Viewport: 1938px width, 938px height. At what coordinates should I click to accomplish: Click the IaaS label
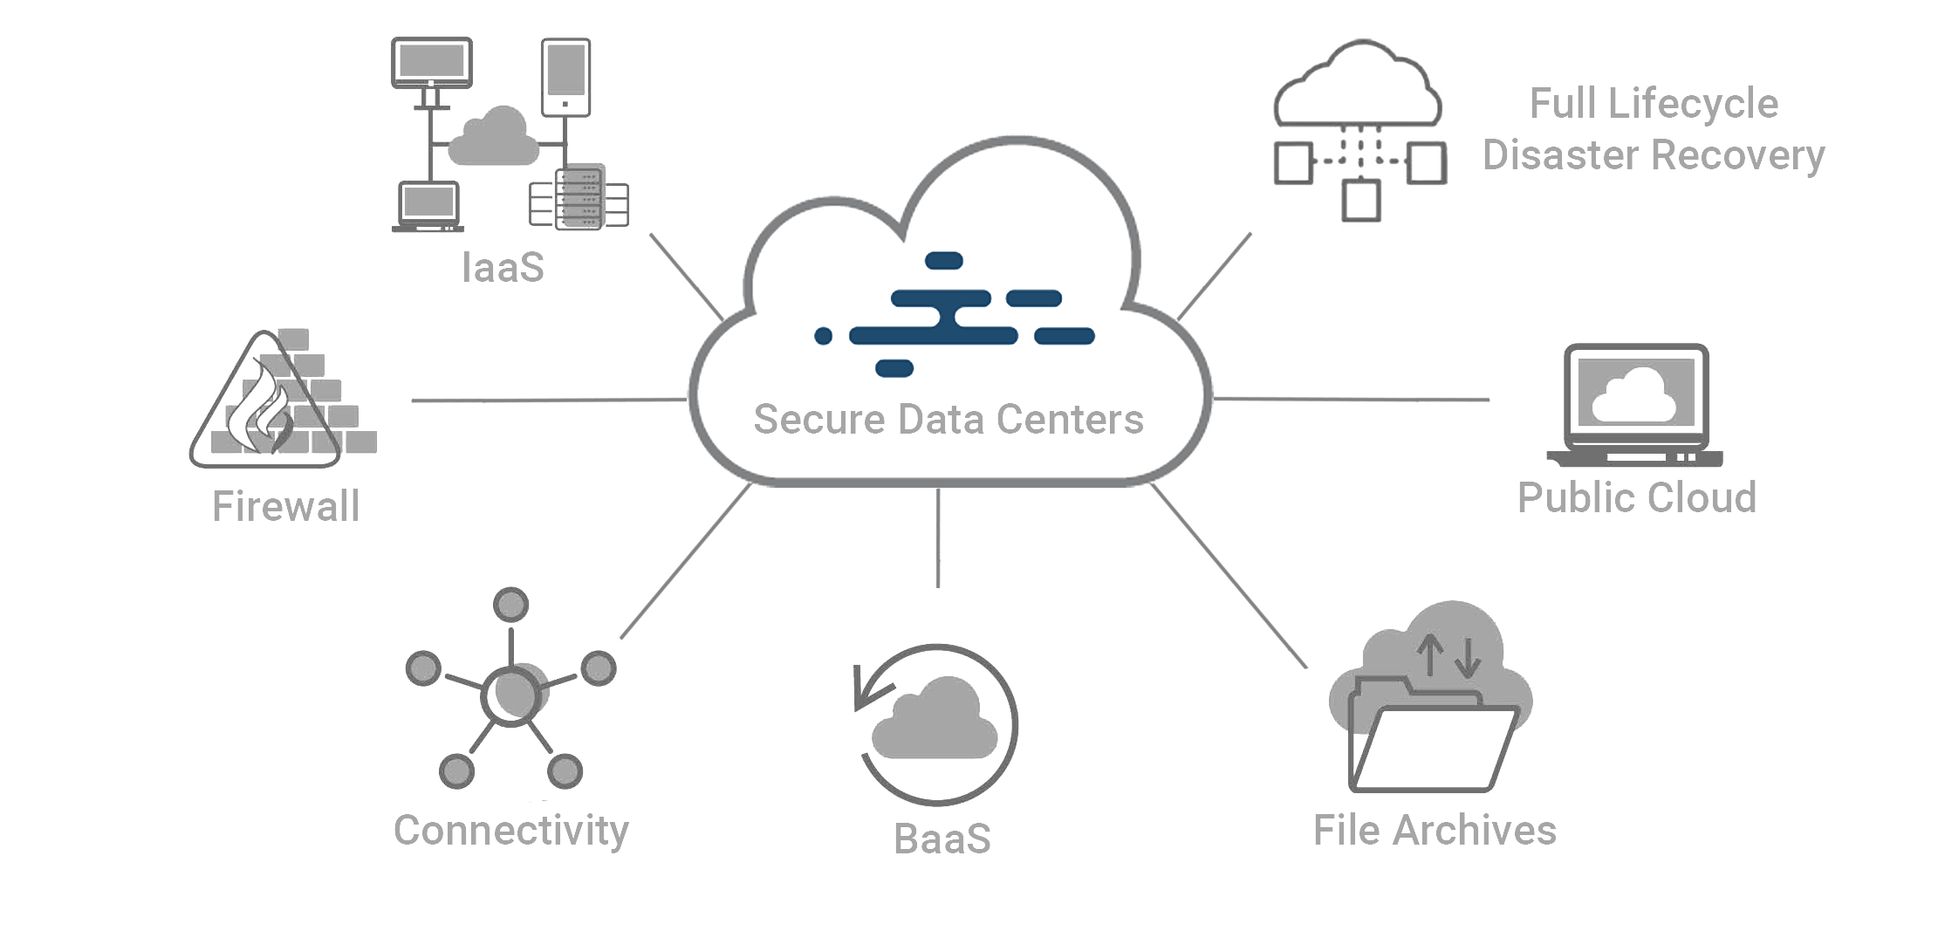pos(503,268)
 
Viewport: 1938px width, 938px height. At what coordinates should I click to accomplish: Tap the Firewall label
pos(285,506)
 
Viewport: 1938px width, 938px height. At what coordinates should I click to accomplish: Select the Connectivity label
pos(510,831)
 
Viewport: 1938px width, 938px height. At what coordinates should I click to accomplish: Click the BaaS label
pos(942,839)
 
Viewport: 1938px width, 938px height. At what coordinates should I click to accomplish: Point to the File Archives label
pos(1435,831)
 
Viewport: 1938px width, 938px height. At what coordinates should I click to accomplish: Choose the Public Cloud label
pos(1636,498)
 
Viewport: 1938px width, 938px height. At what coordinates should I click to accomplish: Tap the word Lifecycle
pos(1693,104)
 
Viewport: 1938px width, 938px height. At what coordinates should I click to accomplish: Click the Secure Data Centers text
pos(948,420)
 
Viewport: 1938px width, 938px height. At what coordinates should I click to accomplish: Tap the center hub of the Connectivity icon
pos(511,694)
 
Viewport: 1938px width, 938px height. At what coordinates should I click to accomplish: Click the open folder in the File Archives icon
pos(1431,746)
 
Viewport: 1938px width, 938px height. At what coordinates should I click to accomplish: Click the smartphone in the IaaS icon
pos(565,77)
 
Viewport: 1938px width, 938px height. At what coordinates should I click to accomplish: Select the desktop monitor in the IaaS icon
pos(431,65)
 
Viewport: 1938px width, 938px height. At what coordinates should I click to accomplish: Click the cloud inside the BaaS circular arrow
pos(935,720)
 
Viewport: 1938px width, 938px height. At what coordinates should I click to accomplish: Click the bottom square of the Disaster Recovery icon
pos(1360,200)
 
